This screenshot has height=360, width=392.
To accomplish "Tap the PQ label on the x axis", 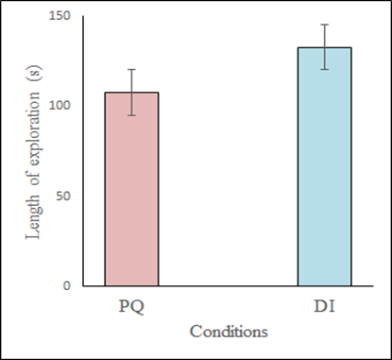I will click(x=131, y=309).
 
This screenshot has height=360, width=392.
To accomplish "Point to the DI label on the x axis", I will click(x=324, y=309).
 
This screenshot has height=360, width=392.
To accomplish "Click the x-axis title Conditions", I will click(x=228, y=332).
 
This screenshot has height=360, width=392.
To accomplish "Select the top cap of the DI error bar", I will click(x=324, y=25).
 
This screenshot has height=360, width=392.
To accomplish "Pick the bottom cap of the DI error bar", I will click(x=324, y=69).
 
